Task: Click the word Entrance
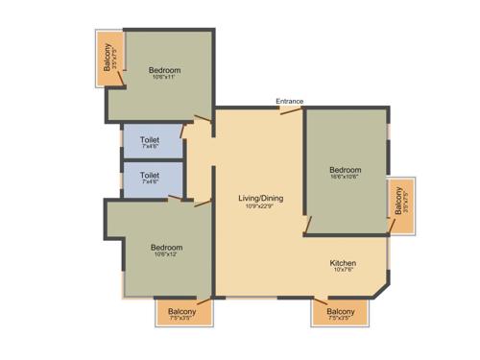click(x=290, y=100)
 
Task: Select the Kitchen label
click(x=344, y=263)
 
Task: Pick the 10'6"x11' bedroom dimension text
click(x=163, y=78)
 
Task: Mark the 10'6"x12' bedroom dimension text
click(x=166, y=255)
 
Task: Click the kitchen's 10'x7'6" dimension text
click(x=344, y=272)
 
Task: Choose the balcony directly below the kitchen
click(x=340, y=312)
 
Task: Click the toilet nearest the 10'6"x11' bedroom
click(x=151, y=141)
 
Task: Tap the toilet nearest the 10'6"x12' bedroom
click(x=151, y=179)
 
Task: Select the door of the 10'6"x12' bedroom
click(x=203, y=203)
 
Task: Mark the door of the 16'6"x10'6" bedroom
click(x=307, y=225)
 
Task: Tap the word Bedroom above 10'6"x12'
click(x=166, y=247)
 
